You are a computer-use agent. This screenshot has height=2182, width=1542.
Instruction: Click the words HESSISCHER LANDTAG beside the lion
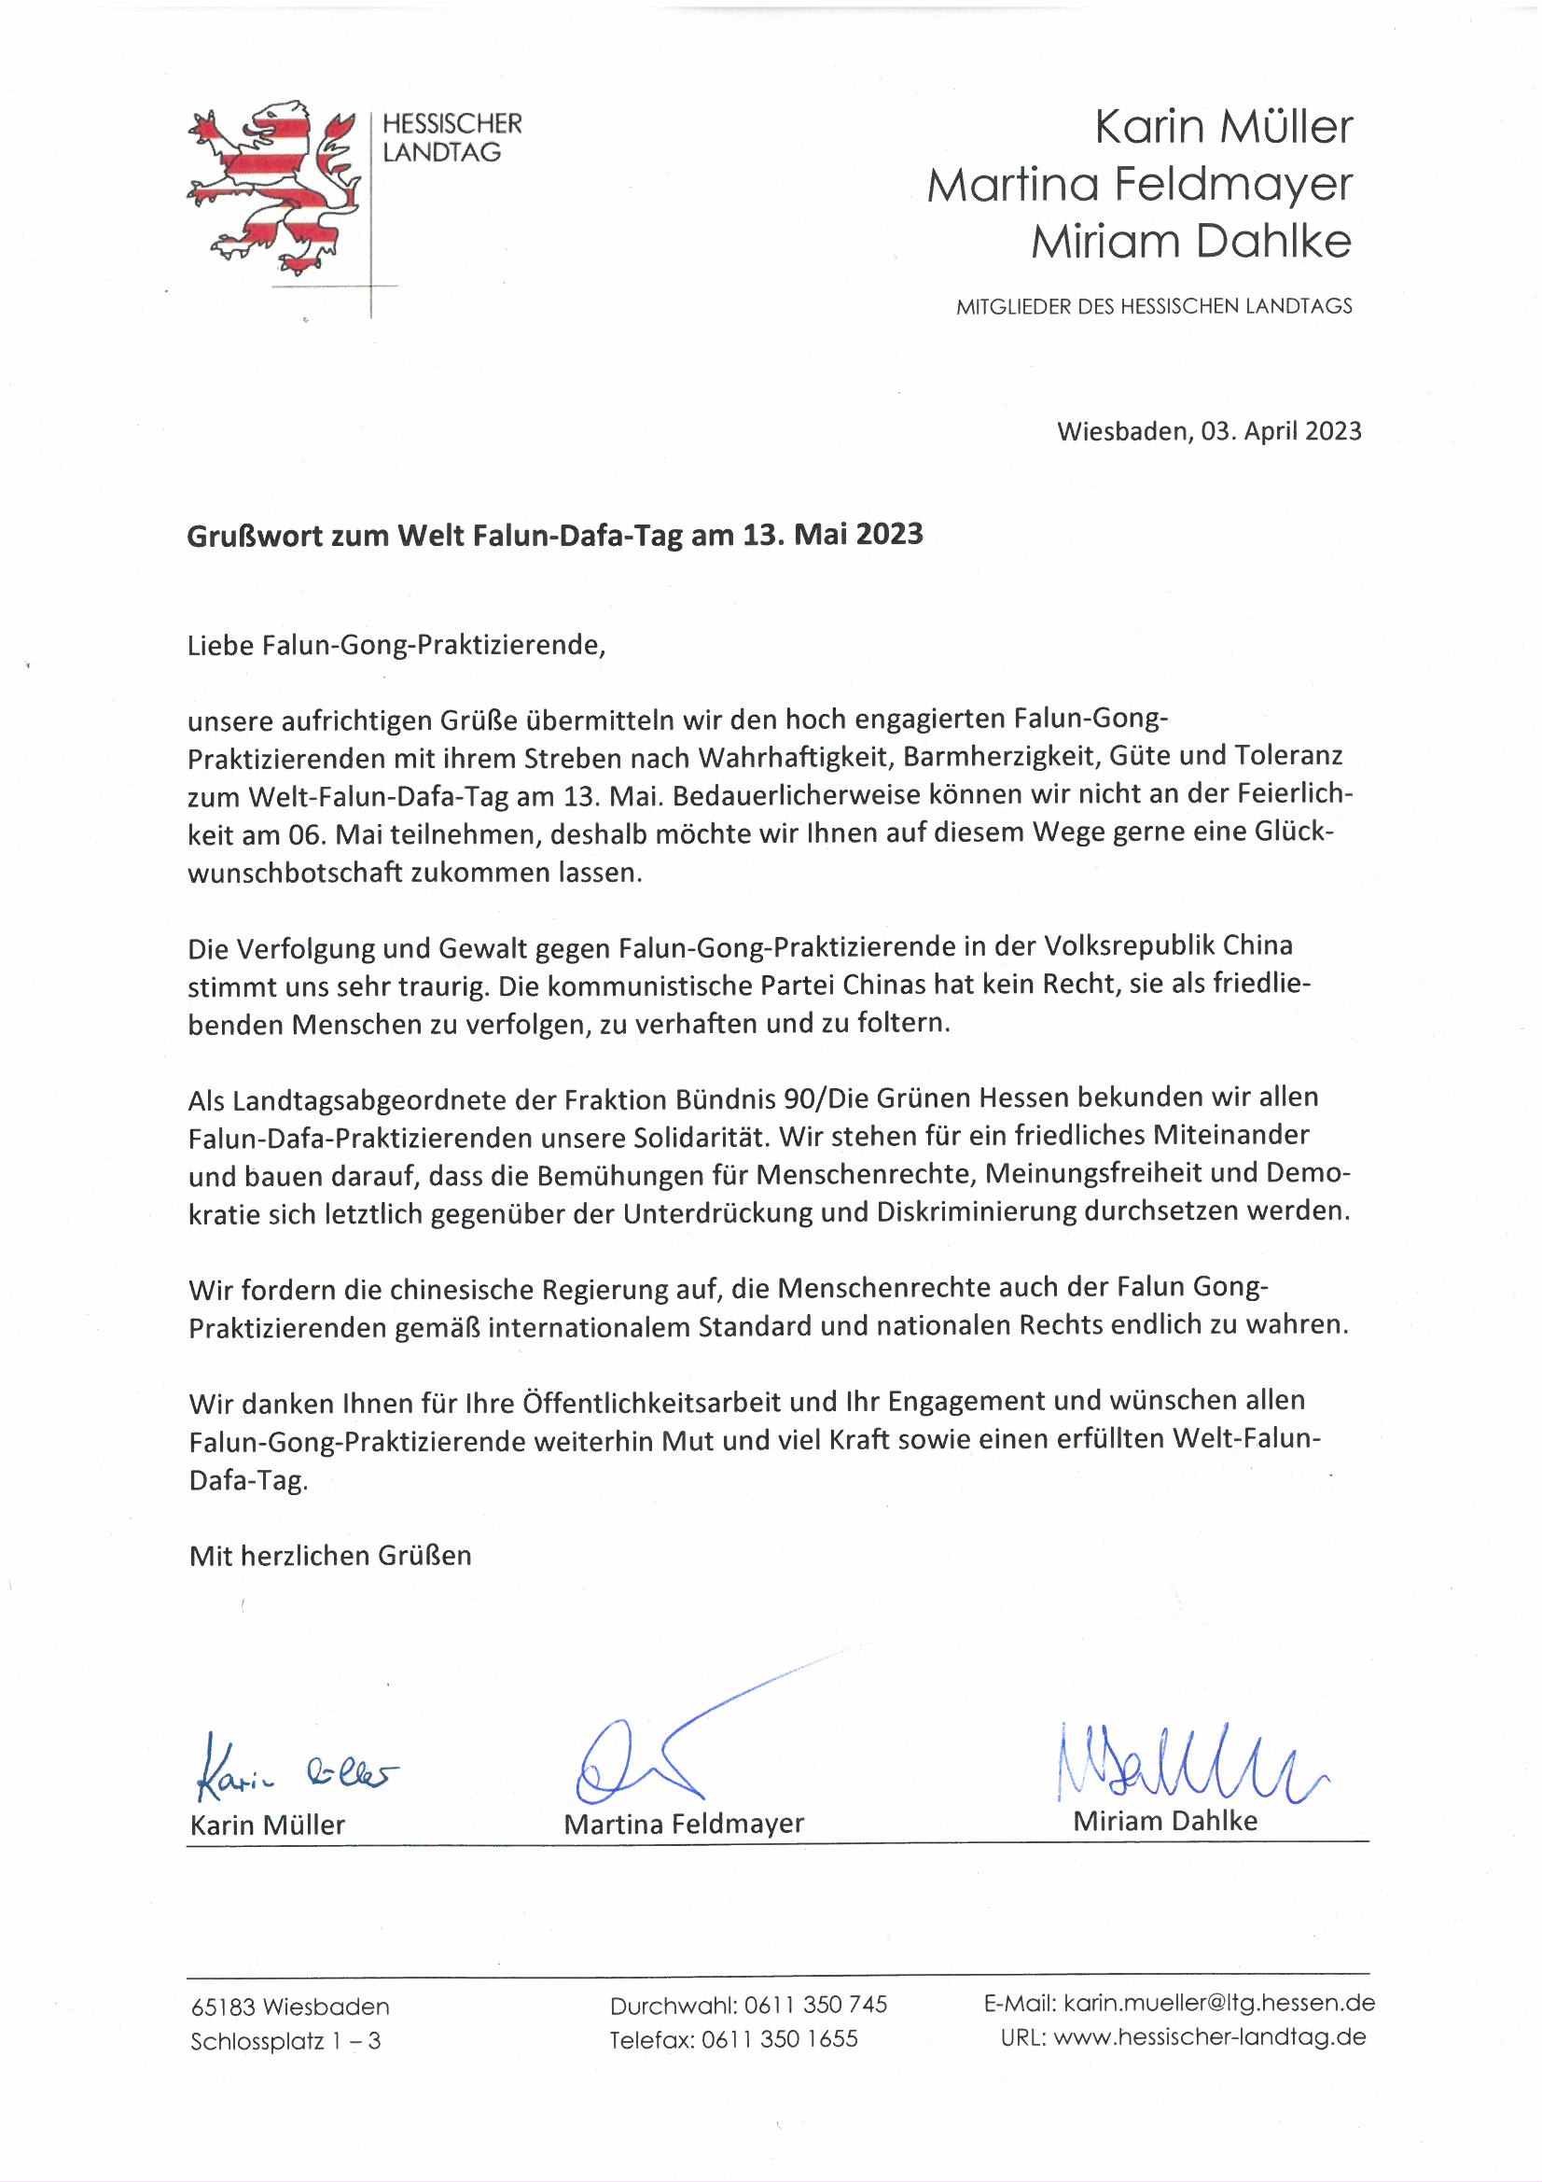(x=451, y=138)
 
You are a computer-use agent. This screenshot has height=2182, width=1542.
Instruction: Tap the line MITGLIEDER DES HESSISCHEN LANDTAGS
(x=1153, y=306)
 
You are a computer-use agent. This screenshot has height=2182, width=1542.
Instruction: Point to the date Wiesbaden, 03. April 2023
(x=1209, y=431)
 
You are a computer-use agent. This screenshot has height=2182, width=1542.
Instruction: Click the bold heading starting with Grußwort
(x=554, y=535)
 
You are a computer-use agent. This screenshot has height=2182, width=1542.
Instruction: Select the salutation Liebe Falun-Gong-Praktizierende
(x=396, y=645)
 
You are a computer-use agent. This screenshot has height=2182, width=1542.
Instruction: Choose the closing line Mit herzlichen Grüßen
(x=329, y=1556)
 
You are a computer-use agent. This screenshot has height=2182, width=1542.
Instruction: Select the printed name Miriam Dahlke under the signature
(x=1165, y=1821)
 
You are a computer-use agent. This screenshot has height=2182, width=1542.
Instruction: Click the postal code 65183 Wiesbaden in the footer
(x=290, y=2007)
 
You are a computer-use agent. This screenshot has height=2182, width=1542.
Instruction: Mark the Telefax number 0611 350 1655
(x=779, y=2039)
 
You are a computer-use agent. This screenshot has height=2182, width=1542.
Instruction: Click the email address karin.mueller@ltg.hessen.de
(x=1219, y=2004)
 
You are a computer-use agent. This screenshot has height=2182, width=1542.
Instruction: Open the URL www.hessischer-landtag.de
(x=1209, y=2037)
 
